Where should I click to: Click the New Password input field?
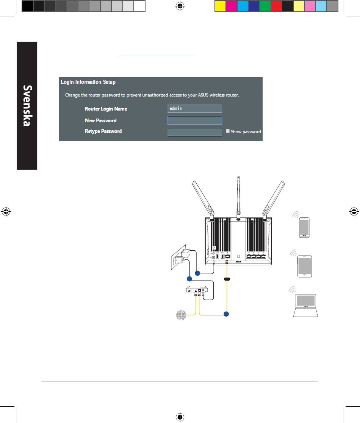coord(194,120)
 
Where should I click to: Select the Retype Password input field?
coord(194,132)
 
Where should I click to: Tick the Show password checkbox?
coord(228,131)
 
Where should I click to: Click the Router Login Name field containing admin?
coord(194,109)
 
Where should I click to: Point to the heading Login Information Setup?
coord(88,82)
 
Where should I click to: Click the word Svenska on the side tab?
coord(27,106)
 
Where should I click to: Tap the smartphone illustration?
coord(304,227)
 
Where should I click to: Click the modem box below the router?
coord(198,290)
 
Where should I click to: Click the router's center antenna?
coord(238,197)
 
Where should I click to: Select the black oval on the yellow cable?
coord(227,279)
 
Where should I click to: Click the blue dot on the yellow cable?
coord(227,314)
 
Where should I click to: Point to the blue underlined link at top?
coord(157,55)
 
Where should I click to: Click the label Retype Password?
coord(103,131)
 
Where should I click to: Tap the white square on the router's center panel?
coord(238,255)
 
